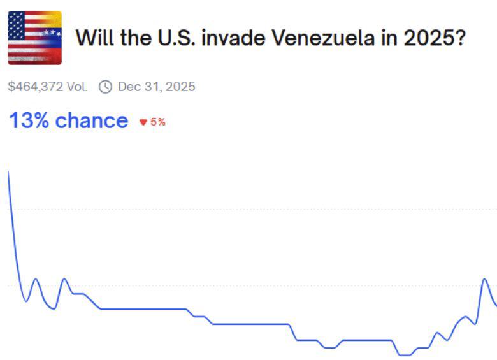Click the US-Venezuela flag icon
[34, 38]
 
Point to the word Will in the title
[93, 38]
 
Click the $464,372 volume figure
[36, 87]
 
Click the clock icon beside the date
[105, 87]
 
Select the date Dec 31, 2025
[156, 87]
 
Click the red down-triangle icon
[143, 122]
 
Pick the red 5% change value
[158, 122]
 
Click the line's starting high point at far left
[8, 172]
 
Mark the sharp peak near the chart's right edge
[484, 279]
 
